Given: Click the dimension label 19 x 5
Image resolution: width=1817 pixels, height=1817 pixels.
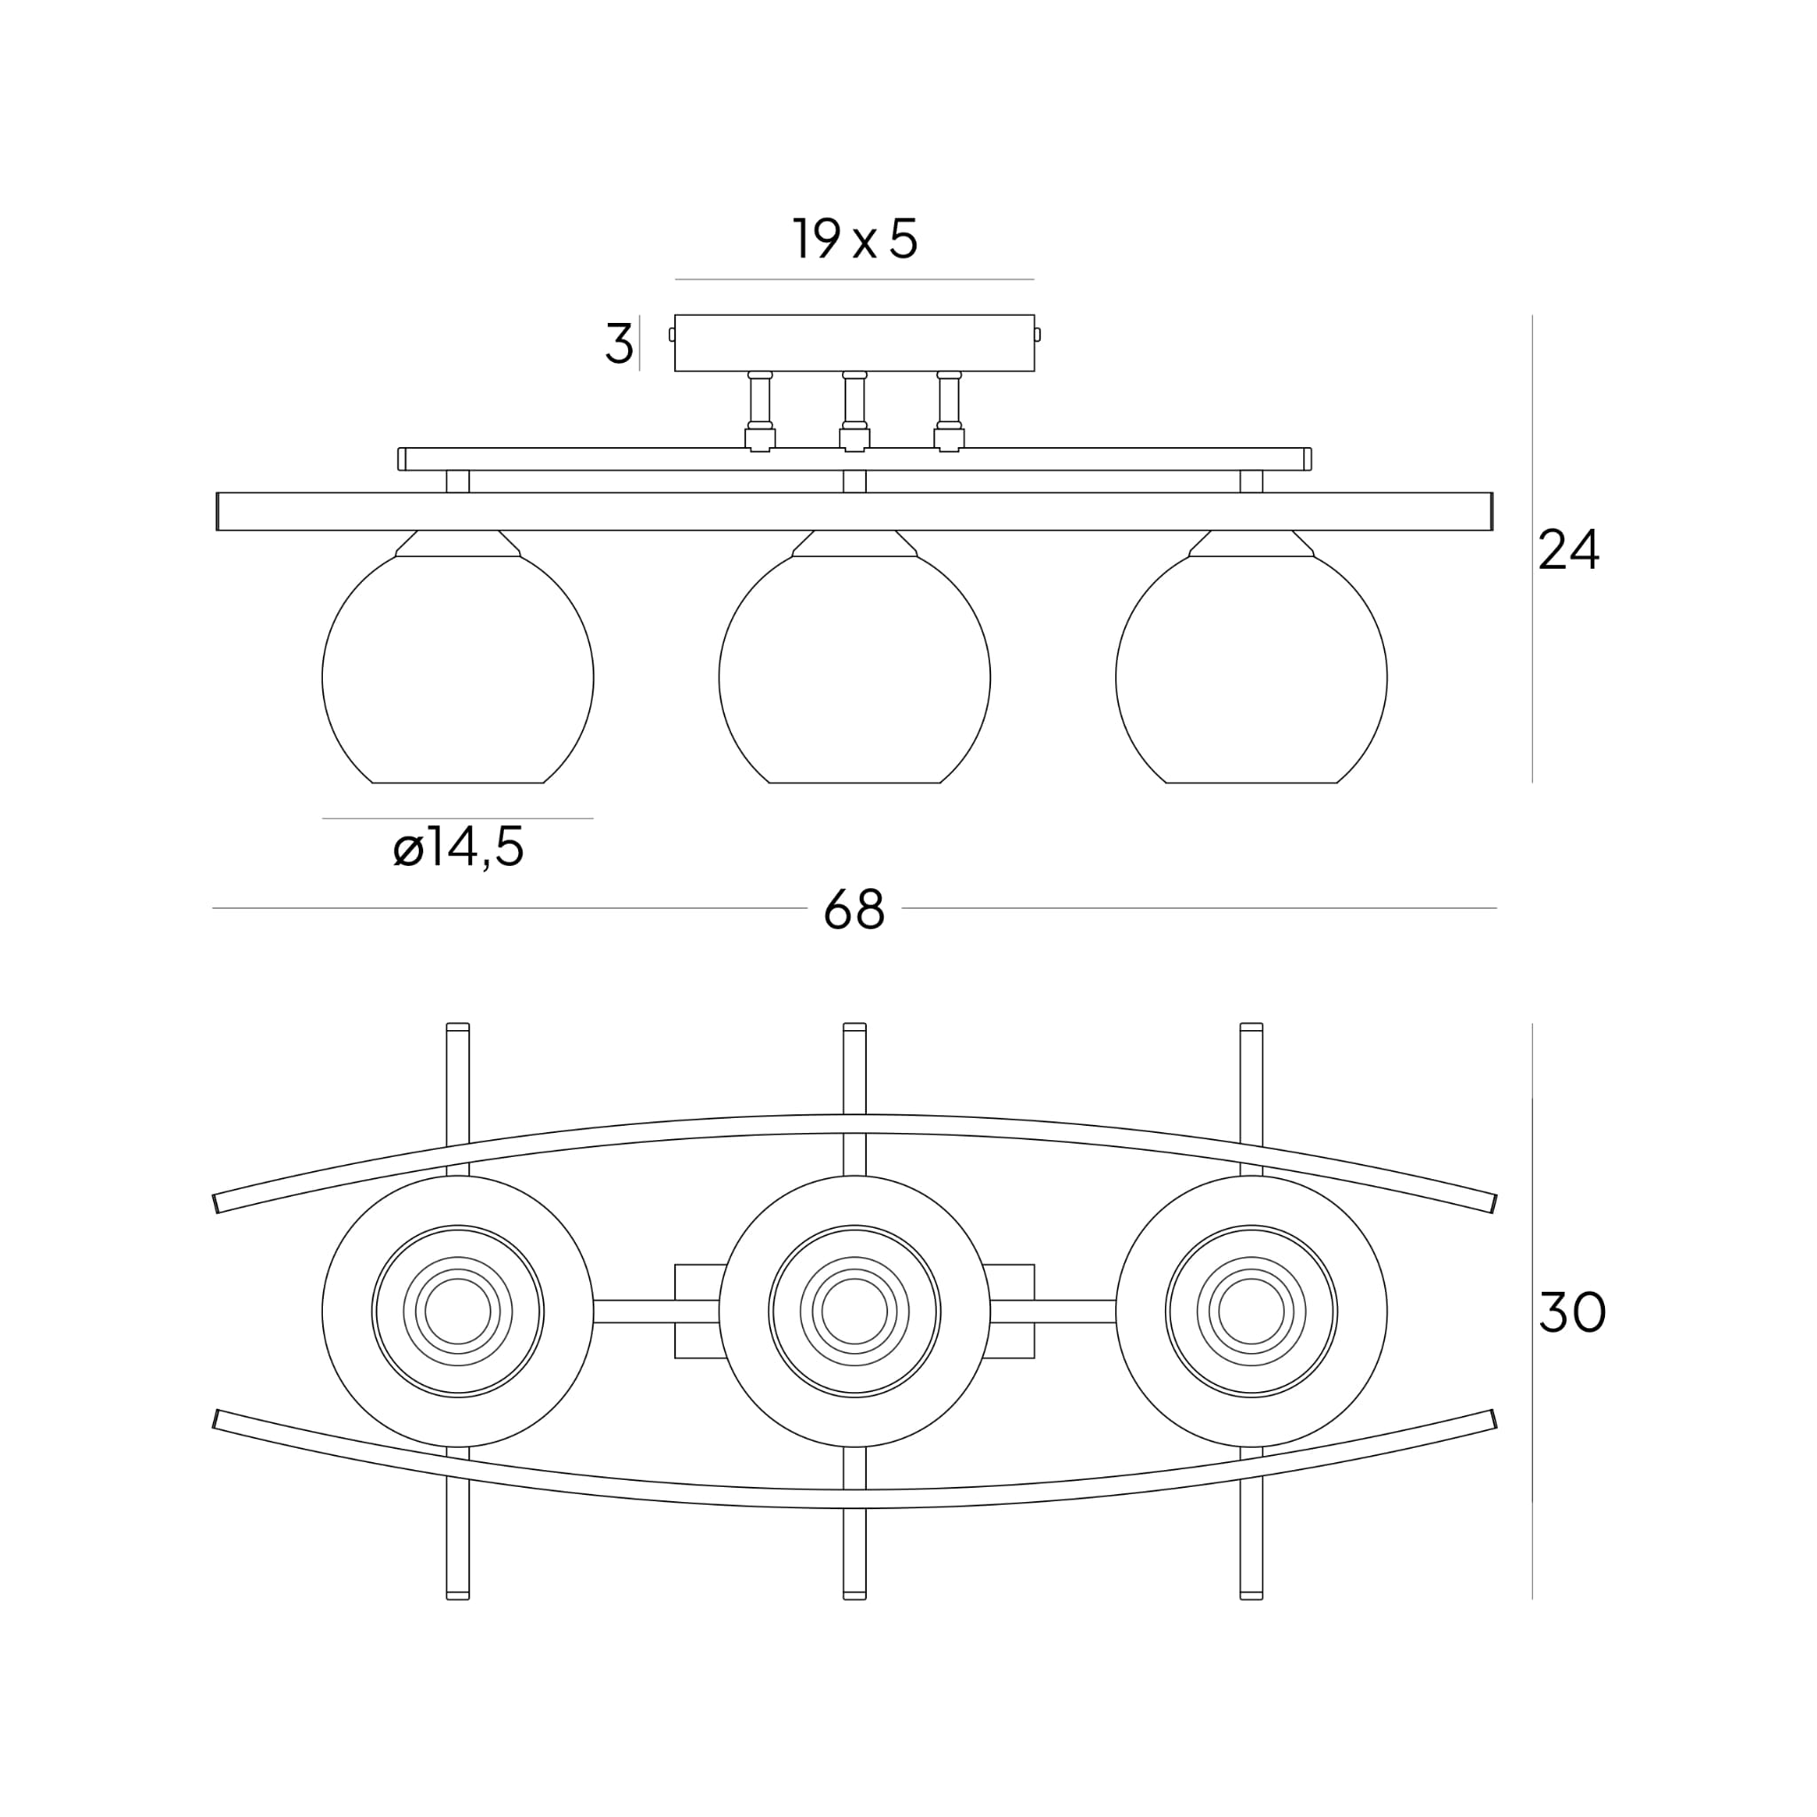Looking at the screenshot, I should point(854,239).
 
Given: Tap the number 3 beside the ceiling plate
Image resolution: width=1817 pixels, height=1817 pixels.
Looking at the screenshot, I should point(617,343).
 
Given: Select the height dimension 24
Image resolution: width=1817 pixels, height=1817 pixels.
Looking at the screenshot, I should point(1568,550).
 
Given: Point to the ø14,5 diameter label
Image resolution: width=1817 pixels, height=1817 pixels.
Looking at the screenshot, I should point(458,848).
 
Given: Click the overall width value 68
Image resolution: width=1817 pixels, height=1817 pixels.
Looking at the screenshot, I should point(854,909).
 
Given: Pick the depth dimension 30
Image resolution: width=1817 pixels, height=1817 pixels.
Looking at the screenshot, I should point(1571,1312).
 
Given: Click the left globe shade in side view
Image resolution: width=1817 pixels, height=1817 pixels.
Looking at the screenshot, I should point(458,677).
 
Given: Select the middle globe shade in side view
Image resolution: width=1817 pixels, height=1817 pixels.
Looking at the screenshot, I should point(854,677).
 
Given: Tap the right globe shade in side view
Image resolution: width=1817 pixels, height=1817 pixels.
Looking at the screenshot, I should point(1251,677).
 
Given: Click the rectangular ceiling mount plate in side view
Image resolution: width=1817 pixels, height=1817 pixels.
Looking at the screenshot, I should point(854,342).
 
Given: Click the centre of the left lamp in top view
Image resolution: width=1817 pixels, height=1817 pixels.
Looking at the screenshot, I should point(458,1311).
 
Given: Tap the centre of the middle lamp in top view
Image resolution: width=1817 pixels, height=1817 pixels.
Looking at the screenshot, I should point(854,1311).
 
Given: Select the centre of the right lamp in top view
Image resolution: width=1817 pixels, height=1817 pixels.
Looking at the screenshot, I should point(1251,1311).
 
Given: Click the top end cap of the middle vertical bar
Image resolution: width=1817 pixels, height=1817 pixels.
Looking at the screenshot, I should point(854,1027).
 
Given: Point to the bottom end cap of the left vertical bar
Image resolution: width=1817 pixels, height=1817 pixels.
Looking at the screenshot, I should point(458,1595).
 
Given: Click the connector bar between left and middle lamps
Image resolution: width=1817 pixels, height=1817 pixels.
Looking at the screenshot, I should point(656,1311).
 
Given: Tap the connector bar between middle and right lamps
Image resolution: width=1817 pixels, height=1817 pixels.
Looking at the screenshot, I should point(1052,1311).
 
